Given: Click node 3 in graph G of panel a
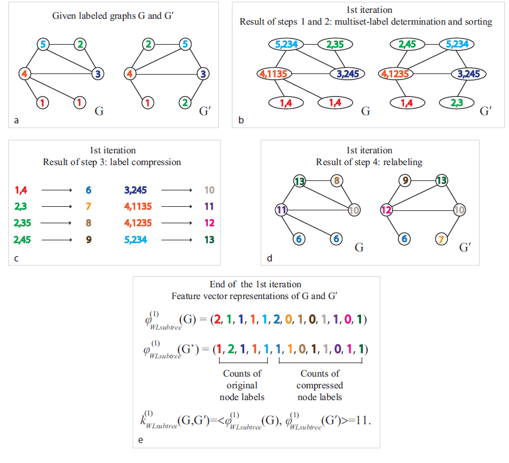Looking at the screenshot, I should (x=98, y=74).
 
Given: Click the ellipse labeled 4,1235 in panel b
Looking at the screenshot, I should (x=395, y=74).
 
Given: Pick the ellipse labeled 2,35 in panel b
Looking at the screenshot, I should (x=335, y=43).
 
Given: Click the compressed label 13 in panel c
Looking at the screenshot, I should (x=209, y=239).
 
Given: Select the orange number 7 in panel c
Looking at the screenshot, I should (x=87, y=207).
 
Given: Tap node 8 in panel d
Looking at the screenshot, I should (x=337, y=181).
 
